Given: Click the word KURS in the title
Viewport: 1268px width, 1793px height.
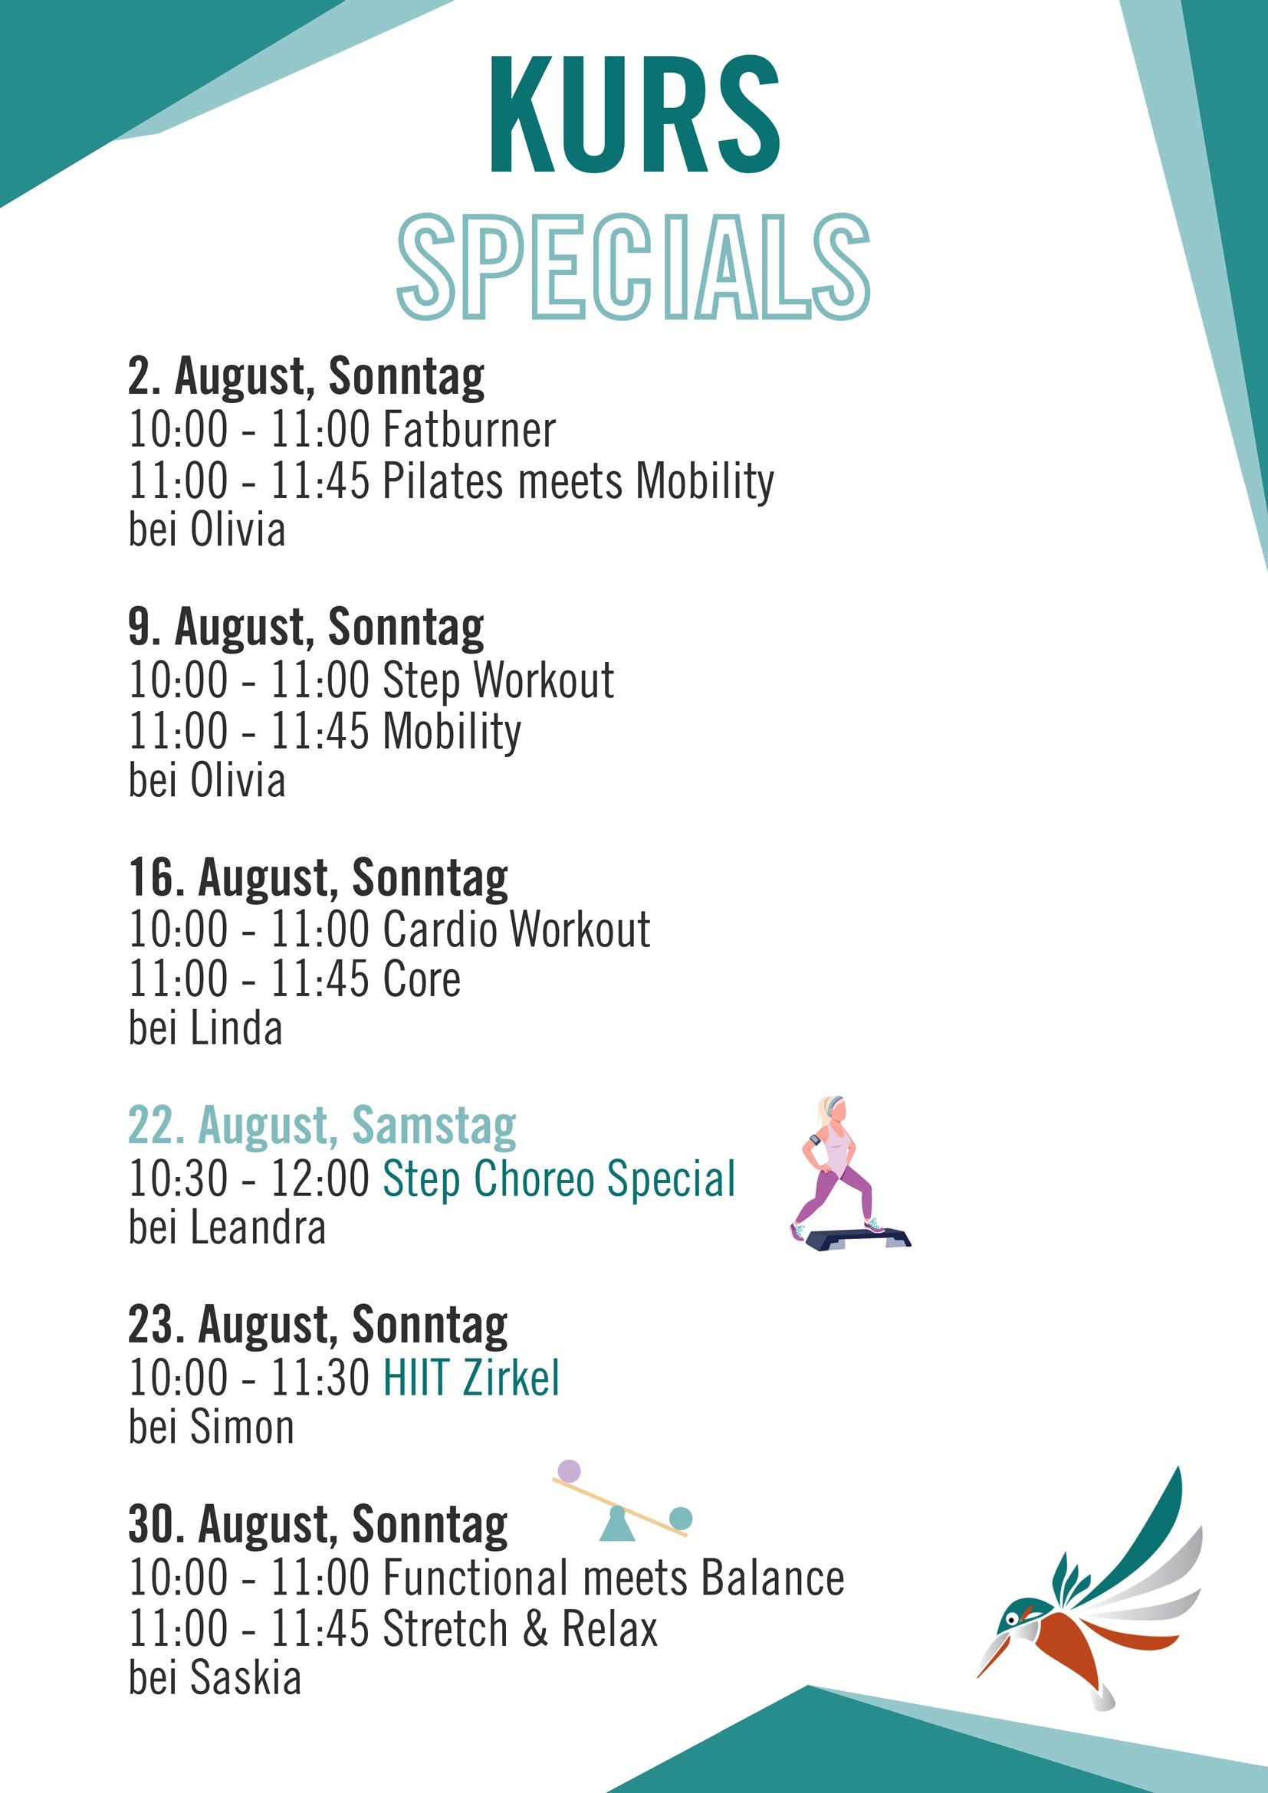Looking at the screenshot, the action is [635, 114].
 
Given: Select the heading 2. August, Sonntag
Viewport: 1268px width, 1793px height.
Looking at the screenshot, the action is [306, 377].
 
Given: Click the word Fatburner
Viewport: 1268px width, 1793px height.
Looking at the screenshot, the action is [468, 430].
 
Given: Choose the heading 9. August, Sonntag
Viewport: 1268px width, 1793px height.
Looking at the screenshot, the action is [306, 628].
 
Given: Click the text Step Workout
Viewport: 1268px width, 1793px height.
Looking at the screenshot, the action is [498, 681].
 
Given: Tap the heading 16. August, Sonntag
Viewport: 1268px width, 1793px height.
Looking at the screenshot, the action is [318, 878].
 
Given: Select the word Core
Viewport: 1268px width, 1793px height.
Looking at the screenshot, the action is [422, 980].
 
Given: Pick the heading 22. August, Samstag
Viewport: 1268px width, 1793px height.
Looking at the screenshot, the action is [322, 1127].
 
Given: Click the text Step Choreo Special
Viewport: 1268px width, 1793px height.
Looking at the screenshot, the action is [560, 1179].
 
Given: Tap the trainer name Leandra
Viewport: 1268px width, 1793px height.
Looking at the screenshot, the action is [258, 1228].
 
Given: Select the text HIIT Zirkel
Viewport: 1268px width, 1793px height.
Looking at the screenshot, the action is [471, 1378].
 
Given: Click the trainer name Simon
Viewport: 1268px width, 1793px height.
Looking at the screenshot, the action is [243, 1428].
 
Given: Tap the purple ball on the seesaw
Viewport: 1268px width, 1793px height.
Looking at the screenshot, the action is [570, 1471].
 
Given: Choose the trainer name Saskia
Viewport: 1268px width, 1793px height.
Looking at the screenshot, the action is [246, 1678].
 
